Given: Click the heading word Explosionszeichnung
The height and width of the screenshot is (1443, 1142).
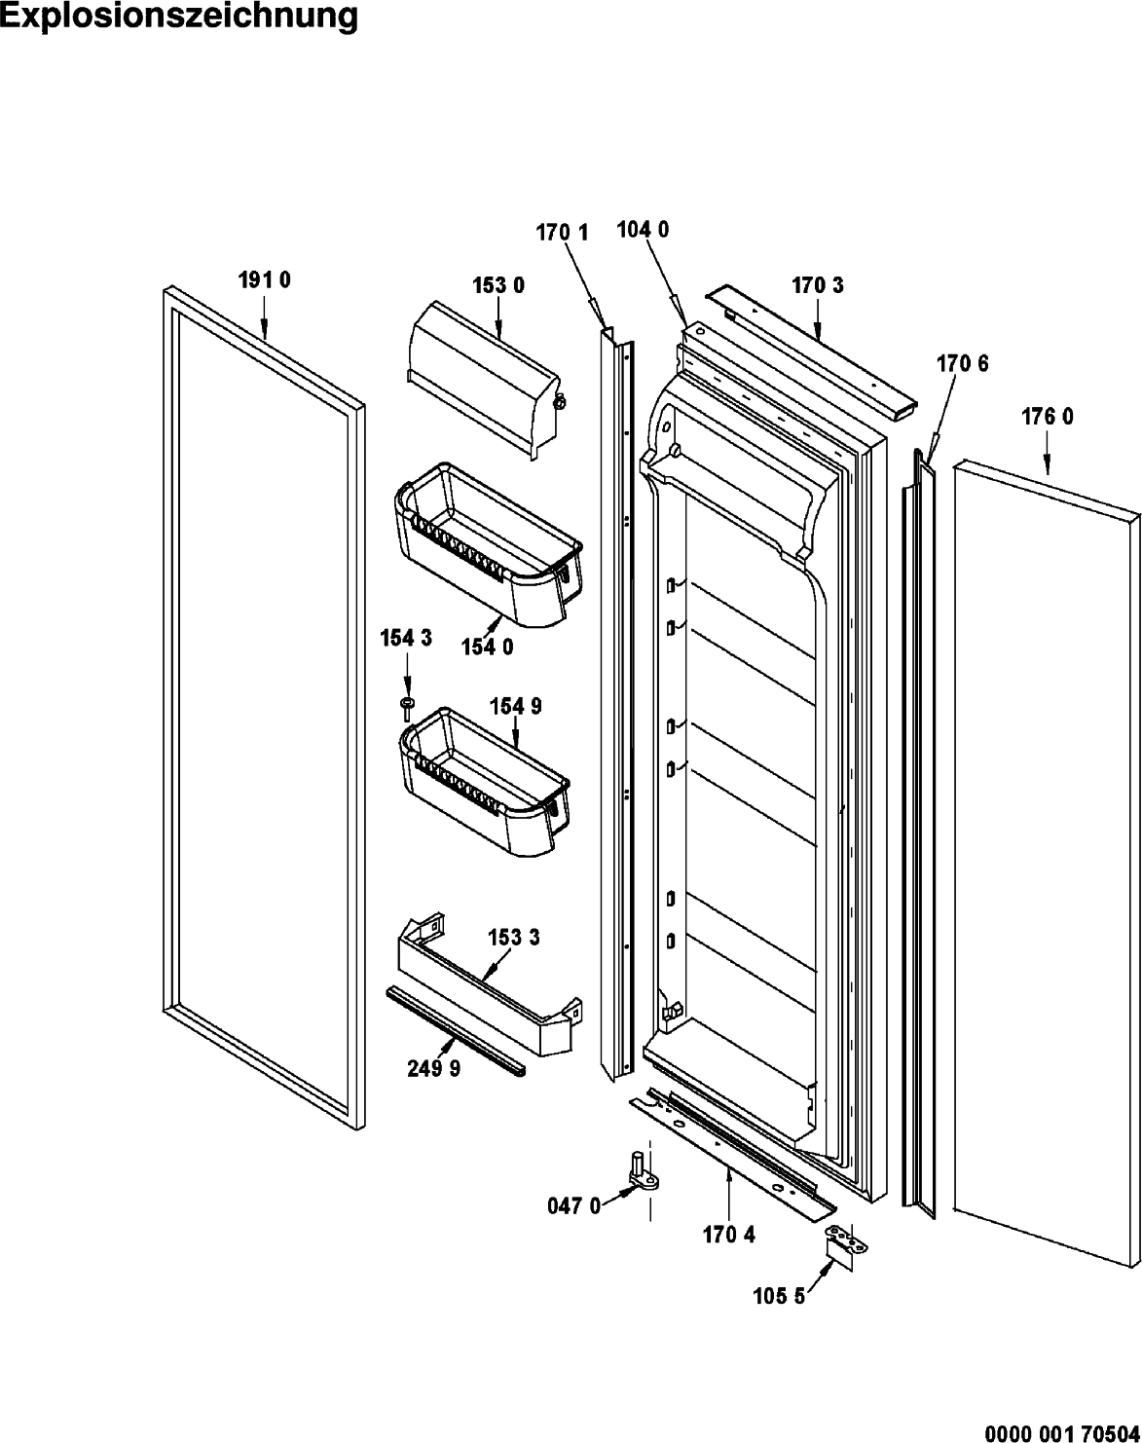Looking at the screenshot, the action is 178,17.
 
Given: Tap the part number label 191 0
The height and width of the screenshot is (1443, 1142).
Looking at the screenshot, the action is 265,280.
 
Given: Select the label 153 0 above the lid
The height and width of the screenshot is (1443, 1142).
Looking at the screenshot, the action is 498,285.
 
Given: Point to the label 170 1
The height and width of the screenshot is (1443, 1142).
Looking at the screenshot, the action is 562,233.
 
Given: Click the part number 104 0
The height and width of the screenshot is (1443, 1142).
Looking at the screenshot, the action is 643,230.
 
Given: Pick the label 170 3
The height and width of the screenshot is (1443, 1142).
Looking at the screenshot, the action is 818,285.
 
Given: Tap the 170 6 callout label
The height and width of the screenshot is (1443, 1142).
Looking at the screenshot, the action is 962,364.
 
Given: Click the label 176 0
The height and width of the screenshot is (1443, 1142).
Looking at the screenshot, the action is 1048,417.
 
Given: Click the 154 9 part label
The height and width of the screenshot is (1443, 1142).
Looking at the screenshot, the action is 516,706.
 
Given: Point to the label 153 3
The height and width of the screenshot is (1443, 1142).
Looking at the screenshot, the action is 514,938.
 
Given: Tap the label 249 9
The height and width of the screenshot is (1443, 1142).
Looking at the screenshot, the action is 434,1068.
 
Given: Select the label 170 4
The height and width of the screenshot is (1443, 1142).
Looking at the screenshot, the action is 729,1235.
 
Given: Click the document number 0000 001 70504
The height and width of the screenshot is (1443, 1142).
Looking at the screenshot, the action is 1063,1431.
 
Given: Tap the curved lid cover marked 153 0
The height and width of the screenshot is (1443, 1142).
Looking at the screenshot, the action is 484,379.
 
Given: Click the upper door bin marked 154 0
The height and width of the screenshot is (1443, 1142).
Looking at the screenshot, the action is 489,544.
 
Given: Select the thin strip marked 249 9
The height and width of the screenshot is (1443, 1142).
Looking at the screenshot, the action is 456,1030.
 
